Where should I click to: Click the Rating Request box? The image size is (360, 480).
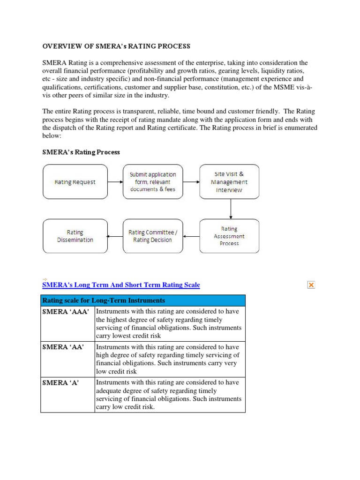(x=75, y=182)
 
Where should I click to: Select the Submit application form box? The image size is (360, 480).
(x=152, y=182)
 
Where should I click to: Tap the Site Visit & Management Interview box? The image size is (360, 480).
(x=229, y=182)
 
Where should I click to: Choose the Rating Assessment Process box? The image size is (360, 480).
(x=229, y=236)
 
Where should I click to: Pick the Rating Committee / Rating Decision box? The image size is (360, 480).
(x=152, y=236)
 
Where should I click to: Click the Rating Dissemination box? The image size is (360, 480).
(x=75, y=236)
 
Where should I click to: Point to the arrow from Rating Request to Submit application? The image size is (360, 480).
(x=115, y=182)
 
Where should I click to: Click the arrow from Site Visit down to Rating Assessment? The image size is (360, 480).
(x=230, y=209)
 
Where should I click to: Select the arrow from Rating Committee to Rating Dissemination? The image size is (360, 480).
(x=115, y=236)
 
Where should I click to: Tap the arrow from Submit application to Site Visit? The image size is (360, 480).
(x=191, y=182)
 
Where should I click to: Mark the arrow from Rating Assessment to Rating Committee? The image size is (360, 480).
(x=191, y=236)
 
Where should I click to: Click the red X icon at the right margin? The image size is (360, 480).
(x=311, y=285)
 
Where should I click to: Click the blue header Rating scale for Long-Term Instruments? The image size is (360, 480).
(x=142, y=300)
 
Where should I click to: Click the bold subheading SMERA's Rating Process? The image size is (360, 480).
(x=81, y=152)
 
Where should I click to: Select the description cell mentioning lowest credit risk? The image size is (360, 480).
(x=169, y=323)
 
